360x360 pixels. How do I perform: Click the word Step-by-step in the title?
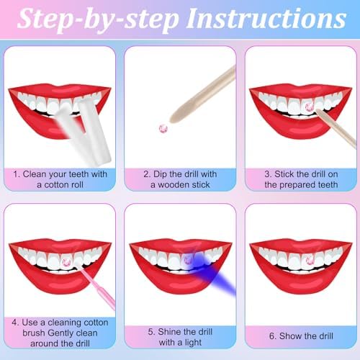100,21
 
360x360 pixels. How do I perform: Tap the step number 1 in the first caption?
16,173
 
